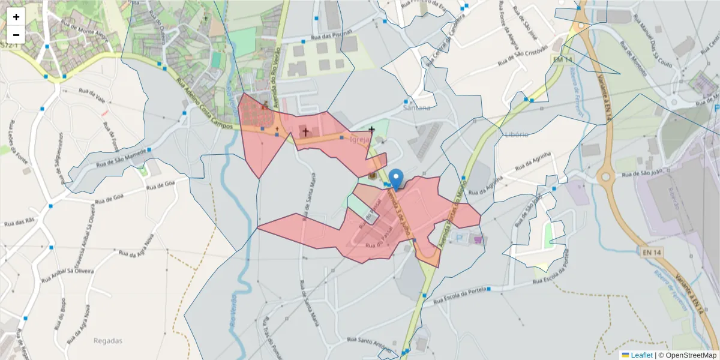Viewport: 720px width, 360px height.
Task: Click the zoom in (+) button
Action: point(16,17)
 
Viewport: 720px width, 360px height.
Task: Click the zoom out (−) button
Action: point(16,35)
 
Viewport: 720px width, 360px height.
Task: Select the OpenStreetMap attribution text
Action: point(687,355)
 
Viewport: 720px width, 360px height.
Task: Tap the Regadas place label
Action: point(108,341)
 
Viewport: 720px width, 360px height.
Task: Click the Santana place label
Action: point(417,108)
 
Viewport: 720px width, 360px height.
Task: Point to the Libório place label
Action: point(517,134)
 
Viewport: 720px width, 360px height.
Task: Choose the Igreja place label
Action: point(358,139)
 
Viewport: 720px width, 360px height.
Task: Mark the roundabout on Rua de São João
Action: point(605,176)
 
